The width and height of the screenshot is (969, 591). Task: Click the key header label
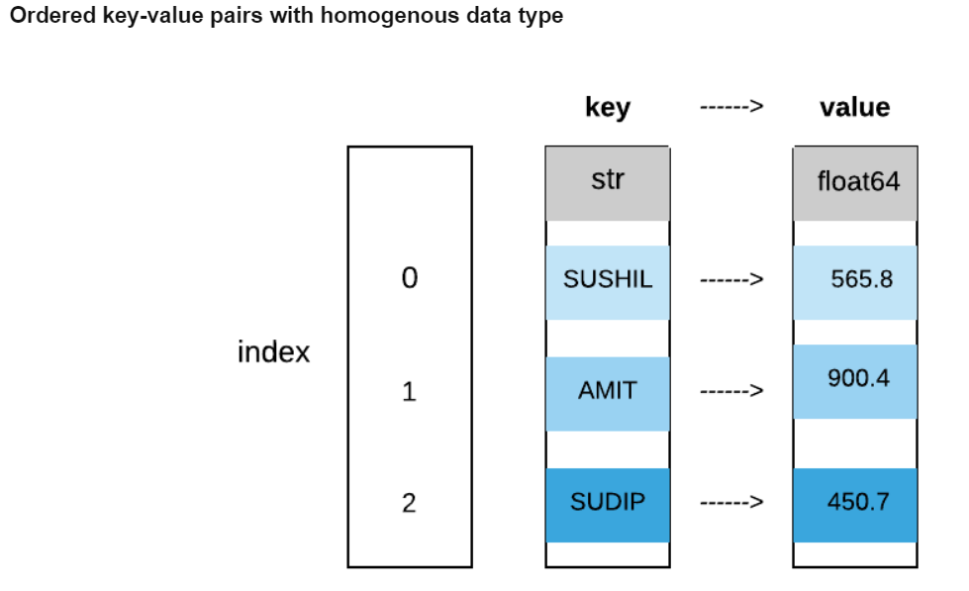[607, 107]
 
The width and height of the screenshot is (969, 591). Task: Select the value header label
[854, 107]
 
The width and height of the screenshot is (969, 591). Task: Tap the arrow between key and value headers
[731, 107]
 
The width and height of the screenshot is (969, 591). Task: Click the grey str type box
[607, 183]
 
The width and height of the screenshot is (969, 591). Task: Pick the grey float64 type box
[855, 183]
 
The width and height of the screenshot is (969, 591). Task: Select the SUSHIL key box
[607, 281]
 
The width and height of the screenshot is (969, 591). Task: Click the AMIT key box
[607, 392]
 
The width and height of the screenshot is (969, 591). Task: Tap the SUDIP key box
[607, 504]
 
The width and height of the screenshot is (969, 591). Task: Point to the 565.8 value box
[855, 281]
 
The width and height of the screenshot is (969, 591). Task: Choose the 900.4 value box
[855, 381]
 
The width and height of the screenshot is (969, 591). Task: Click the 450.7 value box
[855, 504]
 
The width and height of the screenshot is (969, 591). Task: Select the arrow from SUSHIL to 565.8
[731, 280]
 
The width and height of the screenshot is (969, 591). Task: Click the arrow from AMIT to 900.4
[731, 391]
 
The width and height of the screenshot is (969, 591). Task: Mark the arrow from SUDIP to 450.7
[731, 503]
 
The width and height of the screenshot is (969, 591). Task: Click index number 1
[409, 392]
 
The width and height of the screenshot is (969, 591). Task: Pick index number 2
[409, 504]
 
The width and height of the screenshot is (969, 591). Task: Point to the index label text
[273, 351]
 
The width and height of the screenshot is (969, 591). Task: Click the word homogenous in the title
[381, 17]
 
